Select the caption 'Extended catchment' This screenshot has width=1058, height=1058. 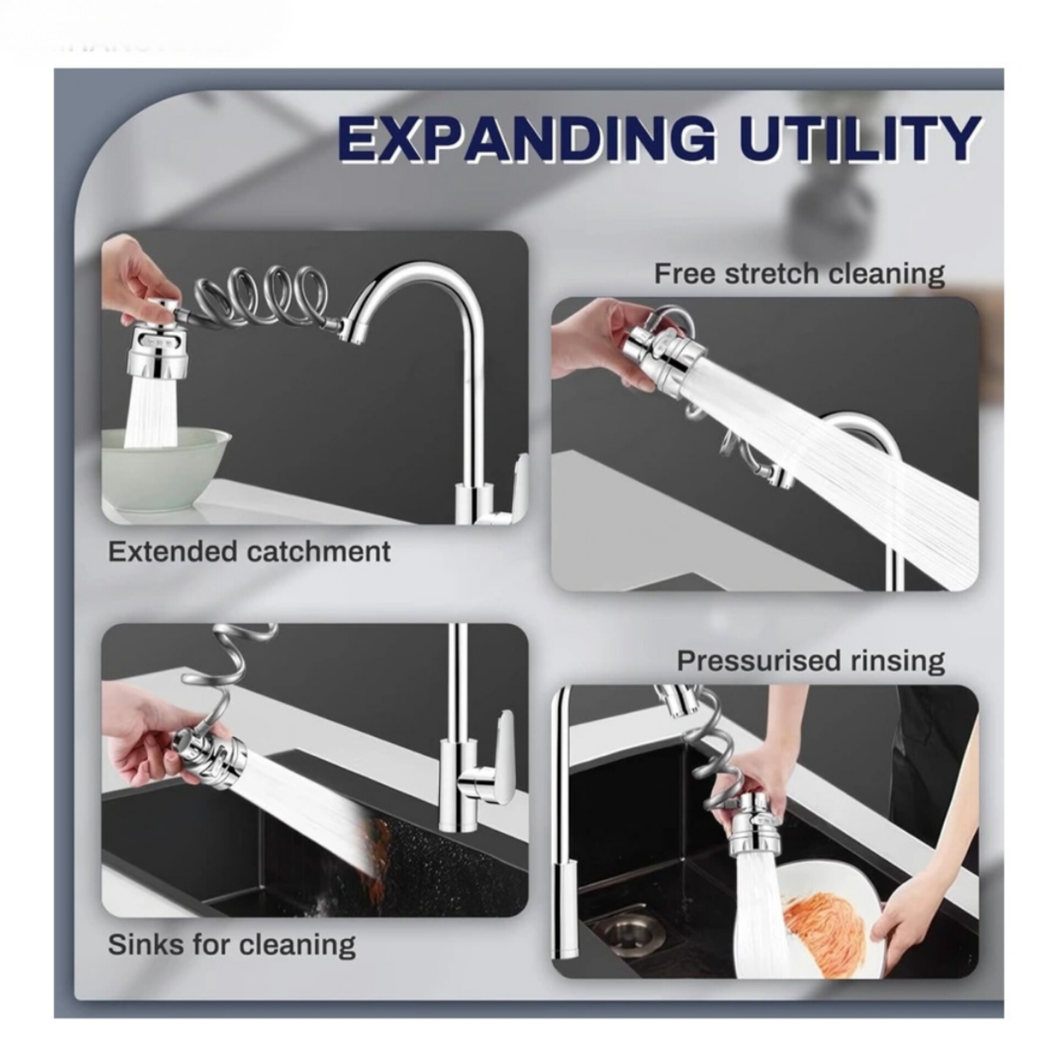coord(249,552)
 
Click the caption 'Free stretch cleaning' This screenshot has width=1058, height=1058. coord(800,274)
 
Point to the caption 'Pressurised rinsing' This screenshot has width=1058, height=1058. coord(811,661)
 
